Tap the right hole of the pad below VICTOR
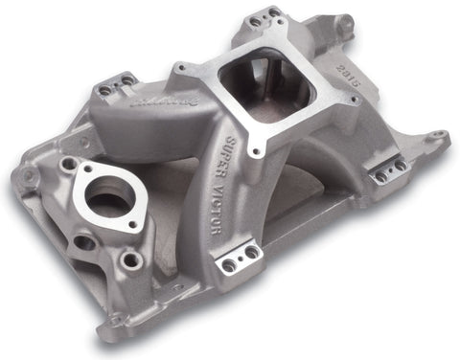[251, 252]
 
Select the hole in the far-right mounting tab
[437, 137]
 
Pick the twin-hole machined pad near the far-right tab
[388, 171]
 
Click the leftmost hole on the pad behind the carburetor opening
[255, 21]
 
